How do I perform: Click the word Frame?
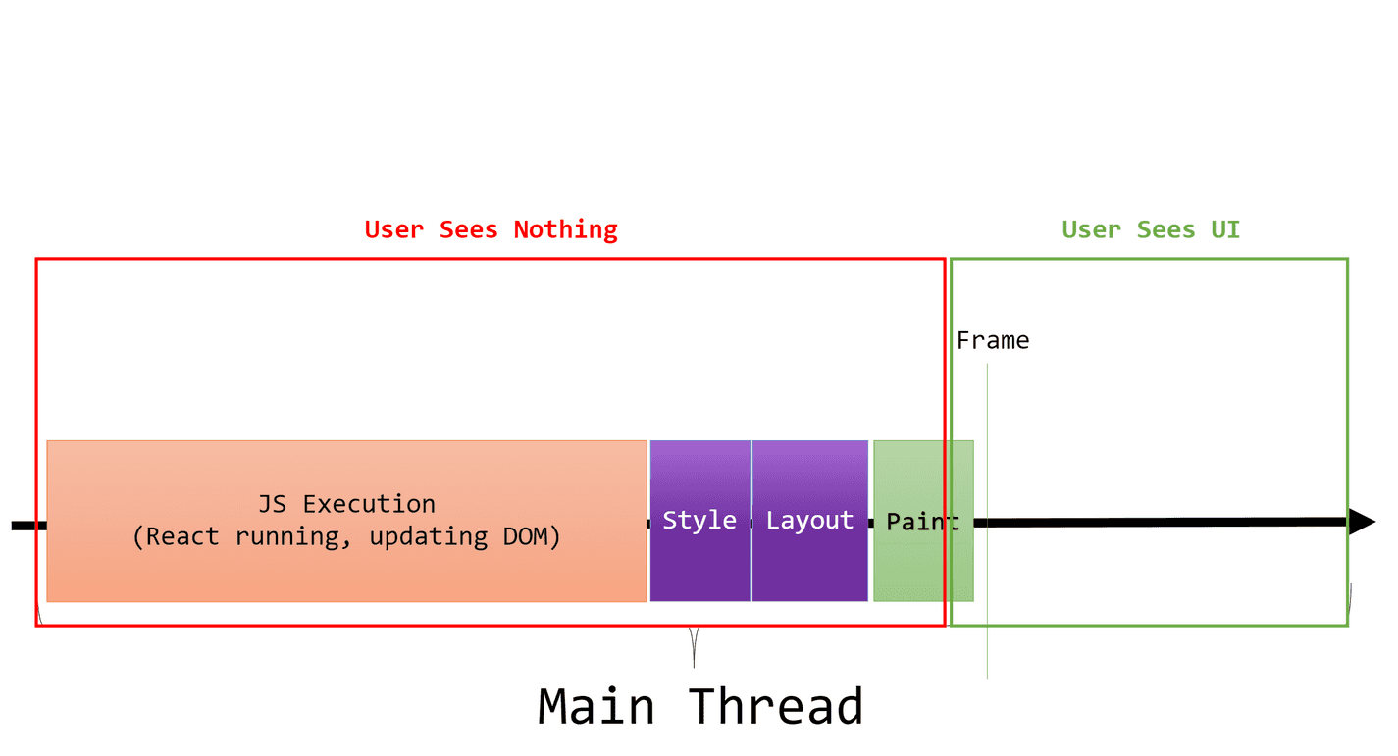[x=993, y=341]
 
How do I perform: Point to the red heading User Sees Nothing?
[x=491, y=229]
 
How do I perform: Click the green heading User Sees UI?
[x=1151, y=229]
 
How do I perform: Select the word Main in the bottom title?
[x=596, y=706]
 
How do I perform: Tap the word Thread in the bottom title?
[x=775, y=706]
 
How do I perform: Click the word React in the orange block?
[x=182, y=536]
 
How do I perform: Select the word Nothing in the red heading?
[x=566, y=229]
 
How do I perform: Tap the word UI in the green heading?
[x=1225, y=229]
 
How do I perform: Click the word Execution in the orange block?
[x=369, y=504]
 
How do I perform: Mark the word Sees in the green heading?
[x=1166, y=229]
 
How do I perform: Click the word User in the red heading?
[x=395, y=229]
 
